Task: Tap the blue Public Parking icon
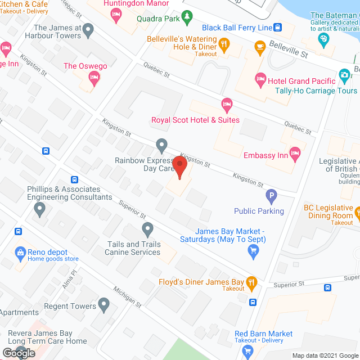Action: [271, 196]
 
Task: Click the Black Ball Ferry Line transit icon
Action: [277, 26]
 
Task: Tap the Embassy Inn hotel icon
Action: [295, 153]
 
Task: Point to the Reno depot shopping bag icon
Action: [21, 251]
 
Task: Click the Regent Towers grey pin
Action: [103, 305]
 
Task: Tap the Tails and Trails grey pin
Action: [147, 229]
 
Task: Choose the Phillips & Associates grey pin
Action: [39, 210]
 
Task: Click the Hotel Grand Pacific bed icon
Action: [260, 78]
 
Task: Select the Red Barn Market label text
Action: [264, 334]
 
